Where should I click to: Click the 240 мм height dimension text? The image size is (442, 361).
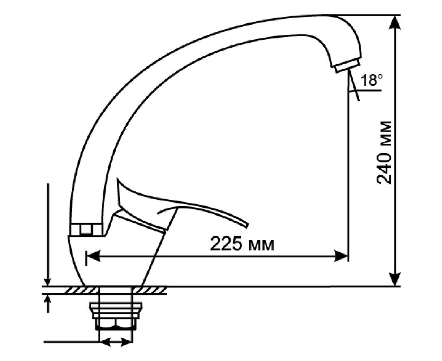[x=384, y=153]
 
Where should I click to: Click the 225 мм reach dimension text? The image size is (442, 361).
[x=242, y=244]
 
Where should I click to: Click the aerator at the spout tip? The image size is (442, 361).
[x=347, y=66]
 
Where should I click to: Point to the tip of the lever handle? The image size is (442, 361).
[x=247, y=226]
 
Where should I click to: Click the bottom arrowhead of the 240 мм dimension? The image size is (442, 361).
[x=395, y=279]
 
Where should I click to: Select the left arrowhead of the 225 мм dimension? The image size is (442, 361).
[x=93, y=256]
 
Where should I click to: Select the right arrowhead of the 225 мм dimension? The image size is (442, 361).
[x=341, y=256]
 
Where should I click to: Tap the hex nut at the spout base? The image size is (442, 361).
[x=86, y=229]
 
